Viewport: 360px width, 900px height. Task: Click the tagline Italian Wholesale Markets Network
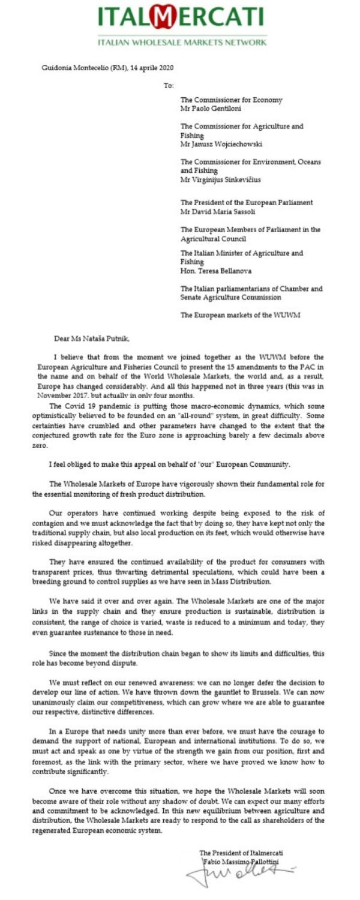pos(182,43)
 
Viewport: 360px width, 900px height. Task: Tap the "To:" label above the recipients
pos(169,85)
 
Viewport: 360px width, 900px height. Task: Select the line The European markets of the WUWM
pos(239,314)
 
